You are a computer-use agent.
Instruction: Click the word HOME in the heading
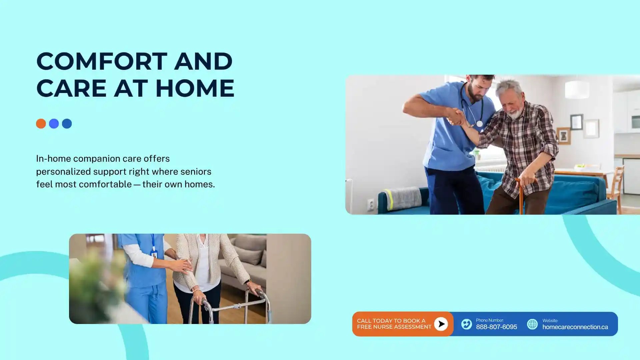point(195,88)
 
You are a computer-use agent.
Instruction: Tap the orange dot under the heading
point(41,124)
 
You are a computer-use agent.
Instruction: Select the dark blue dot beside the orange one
point(67,124)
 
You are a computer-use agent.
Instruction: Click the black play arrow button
point(441,324)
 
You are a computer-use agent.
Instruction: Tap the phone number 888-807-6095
point(496,327)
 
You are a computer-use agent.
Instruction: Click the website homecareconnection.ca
point(575,327)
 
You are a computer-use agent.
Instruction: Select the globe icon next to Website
point(532,324)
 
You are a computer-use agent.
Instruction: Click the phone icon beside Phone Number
point(466,324)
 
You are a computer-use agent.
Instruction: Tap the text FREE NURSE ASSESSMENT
point(394,327)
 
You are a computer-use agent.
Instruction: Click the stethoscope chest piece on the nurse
point(479,124)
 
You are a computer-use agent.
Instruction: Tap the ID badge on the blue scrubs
point(154,255)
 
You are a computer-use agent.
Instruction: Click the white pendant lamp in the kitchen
point(577,89)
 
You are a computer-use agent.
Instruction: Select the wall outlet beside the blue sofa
point(371,204)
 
